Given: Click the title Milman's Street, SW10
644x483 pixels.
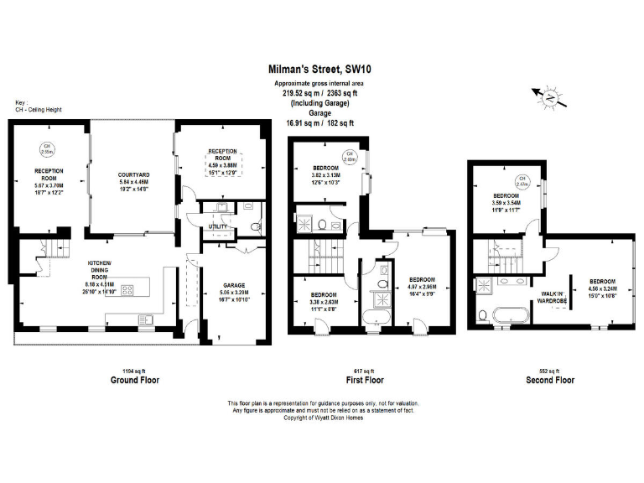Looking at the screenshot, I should click(x=321, y=72).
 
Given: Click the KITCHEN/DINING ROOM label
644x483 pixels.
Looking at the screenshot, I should click(x=100, y=270).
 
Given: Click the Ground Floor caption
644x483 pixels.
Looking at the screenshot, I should click(x=135, y=380).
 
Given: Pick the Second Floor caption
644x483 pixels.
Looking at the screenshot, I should click(x=550, y=380).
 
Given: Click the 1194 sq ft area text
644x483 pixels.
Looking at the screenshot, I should click(x=135, y=371).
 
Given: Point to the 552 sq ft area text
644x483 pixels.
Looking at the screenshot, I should click(x=550, y=371).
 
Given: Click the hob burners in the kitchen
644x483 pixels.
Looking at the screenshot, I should click(x=128, y=291).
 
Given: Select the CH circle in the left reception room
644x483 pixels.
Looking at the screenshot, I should click(x=48, y=150).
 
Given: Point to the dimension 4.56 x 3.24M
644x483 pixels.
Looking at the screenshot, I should click(x=602, y=289).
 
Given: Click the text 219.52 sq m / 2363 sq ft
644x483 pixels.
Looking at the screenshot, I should click(x=322, y=94).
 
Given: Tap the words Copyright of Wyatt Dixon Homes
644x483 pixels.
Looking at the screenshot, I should click(x=323, y=417).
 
